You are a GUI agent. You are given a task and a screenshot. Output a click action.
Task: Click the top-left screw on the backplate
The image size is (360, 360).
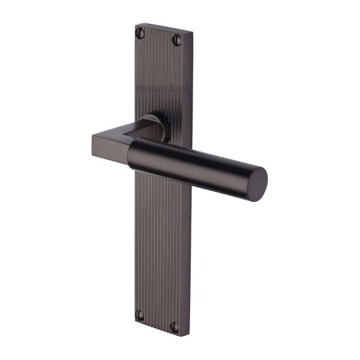141,34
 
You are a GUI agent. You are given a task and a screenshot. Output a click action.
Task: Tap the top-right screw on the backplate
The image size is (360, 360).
177,39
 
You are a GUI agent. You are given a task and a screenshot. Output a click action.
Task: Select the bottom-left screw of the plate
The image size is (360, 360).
140,316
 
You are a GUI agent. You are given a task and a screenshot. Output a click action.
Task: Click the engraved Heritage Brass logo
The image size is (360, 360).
163,88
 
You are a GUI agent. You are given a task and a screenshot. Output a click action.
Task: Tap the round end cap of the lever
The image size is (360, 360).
258,183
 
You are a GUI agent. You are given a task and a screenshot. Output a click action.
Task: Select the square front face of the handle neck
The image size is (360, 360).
109,149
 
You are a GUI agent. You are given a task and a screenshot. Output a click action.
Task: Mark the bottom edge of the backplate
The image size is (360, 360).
157,331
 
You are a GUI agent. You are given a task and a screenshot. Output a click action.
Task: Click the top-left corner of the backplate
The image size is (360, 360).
137,24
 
